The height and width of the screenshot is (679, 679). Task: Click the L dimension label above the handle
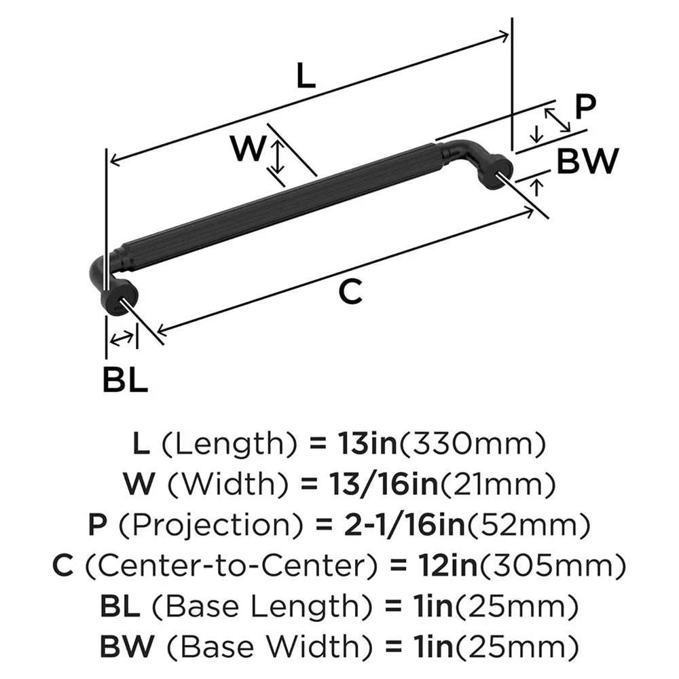(306, 77)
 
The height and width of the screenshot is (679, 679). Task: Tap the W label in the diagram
(246, 149)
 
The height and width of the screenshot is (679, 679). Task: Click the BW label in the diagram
(588, 162)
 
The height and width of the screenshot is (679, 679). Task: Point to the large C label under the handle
(351, 292)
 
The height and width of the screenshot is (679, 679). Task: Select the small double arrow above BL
(122, 337)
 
